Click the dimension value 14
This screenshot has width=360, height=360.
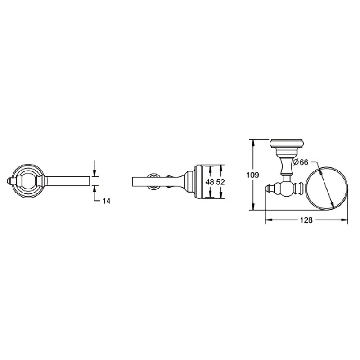click(x=106, y=201)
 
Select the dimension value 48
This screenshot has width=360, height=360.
click(x=210, y=182)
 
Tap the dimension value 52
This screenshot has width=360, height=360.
click(x=220, y=182)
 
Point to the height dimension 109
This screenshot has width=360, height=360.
click(x=252, y=175)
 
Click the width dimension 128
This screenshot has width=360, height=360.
click(x=306, y=220)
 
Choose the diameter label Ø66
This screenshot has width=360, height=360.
click(x=301, y=162)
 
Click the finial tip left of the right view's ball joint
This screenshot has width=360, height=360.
click(x=267, y=189)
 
